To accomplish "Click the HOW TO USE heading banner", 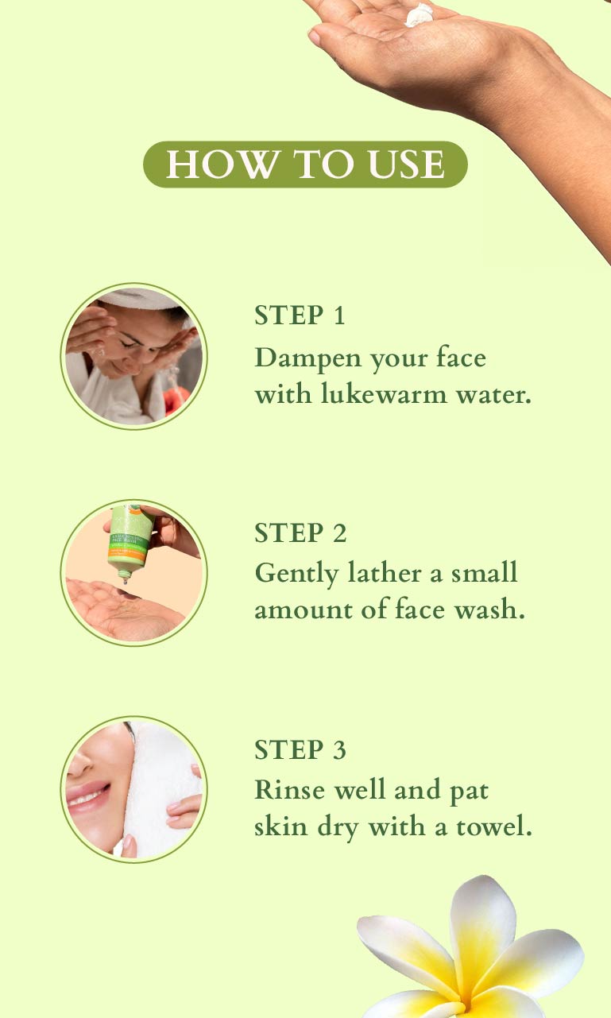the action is coord(305,164).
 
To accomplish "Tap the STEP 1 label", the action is coord(300,315).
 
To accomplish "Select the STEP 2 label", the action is coord(300,532).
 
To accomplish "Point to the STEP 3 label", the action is coord(300,749).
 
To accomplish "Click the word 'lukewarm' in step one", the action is coord(384,393).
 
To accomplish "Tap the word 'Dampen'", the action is coord(308,358).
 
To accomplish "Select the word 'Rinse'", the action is coord(290,790).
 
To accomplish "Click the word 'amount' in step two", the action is coord(304,610).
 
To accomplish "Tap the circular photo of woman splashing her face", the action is coord(134,356).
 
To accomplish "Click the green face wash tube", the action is coord(130,542).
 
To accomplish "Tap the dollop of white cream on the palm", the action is coord(419,14).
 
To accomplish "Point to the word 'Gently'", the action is coord(297,574).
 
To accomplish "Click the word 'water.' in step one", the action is coord(493,393).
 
